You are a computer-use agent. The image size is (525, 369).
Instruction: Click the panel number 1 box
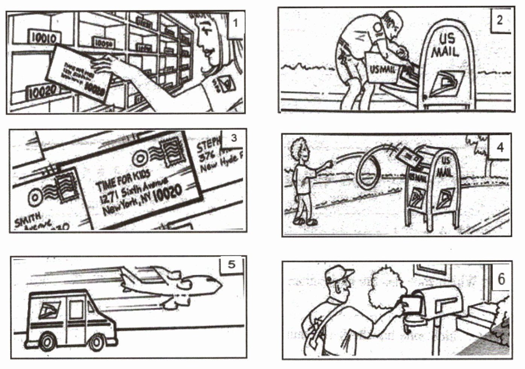tap(235, 24)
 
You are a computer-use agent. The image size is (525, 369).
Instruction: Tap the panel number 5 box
tap(231, 264)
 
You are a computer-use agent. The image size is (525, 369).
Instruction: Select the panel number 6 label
tap(501, 279)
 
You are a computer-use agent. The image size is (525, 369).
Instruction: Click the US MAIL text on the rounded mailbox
tap(446, 45)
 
